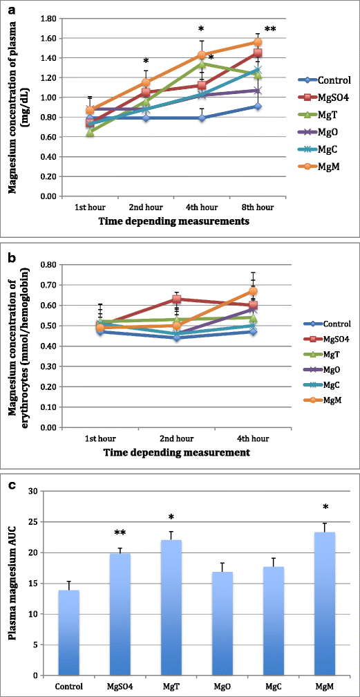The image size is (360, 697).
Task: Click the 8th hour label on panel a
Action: pyautogui.click(x=260, y=207)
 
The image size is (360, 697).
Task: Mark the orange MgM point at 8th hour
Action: pyautogui.click(x=257, y=42)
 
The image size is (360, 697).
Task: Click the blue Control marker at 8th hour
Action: pyautogui.click(x=257, y=106)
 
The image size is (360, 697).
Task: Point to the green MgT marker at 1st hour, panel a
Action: pyautogui.click(x=91, y=132)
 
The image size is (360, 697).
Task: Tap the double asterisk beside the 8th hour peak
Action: pyautogui.click(x=269, y=30)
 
